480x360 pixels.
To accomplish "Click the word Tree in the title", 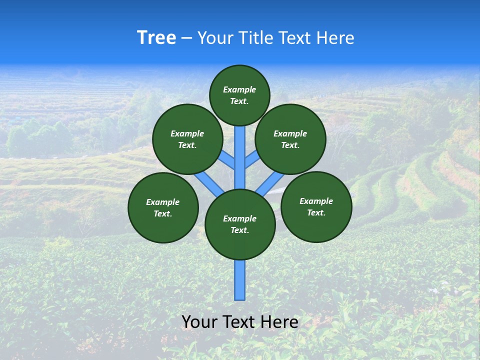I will [156, 38].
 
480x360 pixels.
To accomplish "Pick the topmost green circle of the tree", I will [239, 95].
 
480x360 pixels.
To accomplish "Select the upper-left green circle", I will [187, 139].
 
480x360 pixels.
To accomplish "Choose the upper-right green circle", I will [290, 139].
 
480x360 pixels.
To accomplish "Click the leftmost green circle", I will [163, 207].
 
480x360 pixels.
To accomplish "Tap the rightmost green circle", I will [316, 206].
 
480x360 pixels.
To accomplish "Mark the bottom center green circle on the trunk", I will [240, 224].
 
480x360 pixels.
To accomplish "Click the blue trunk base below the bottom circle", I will [240, 280].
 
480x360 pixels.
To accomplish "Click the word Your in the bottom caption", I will [199, 322].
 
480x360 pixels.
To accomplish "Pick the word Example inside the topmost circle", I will [239, 89].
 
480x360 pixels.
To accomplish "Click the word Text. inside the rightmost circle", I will [316, 212].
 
